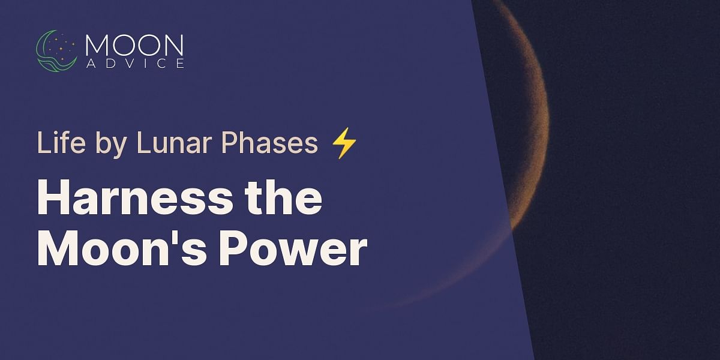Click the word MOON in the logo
pyautogui.click(x=134, y=46)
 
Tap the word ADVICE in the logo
pyautogui.click(x=134, y=64)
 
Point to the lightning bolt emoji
pyautogui.click(x=344, y=144)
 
